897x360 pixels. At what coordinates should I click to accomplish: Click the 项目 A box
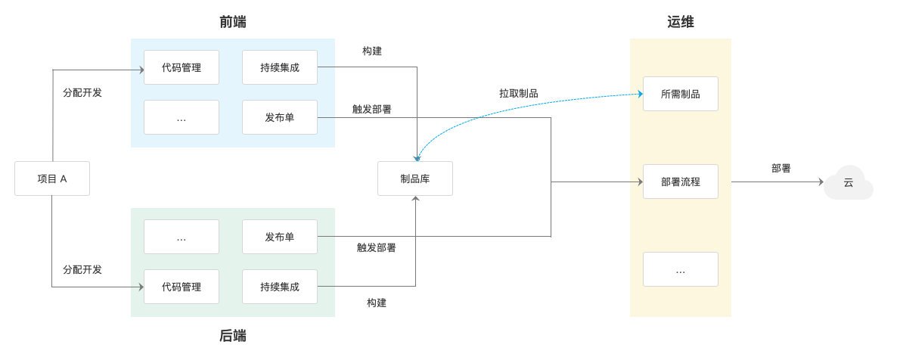click(x=52, y=178)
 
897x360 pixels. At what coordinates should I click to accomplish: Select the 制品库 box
click(x=415, y=178)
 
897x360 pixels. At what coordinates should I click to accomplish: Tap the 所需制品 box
click(x=680, y=94)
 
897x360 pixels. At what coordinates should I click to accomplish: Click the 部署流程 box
click(x=680, y=182)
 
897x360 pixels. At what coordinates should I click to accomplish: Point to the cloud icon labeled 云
click(x=849, y=182)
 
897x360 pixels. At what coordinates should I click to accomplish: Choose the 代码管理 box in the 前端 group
click(x=182, y=67)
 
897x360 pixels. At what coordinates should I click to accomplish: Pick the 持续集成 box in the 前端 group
click(x=280, y=67)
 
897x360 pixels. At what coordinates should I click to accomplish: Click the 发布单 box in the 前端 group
click(x=280, y=117)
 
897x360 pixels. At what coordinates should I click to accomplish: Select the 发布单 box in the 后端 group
click(x=280, y=237)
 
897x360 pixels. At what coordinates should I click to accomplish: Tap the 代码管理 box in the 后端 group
click(x=182, y=286)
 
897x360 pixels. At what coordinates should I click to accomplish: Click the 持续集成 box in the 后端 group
click(x=280, y=286)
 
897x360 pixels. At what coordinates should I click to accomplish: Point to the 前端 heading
click(x=233, y=22)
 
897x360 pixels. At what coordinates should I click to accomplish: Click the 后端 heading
click(x=233, y=335)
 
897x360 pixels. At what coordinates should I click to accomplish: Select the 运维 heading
click(x=681, y=22)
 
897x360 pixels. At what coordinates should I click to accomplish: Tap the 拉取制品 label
click(x=518, y=93)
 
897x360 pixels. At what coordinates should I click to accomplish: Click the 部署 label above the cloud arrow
click(x=781, y=168)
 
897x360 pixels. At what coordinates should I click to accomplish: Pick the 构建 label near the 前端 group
click(x=372, y=51)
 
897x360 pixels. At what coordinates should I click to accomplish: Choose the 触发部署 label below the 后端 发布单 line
click(x=377, y=248)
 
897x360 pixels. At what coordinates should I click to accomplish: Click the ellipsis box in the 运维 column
click(x=680, y=269)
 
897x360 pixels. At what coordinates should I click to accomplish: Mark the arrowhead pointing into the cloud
click(x=821, y=182)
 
